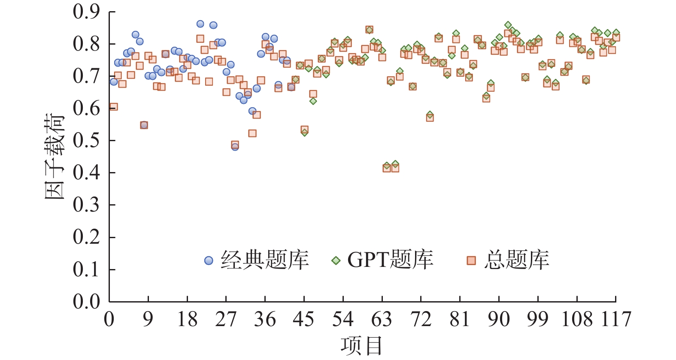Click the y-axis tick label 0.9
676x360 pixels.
point(86,12)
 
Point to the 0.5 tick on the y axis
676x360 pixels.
point(86,140)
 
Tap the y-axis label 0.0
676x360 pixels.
point(86,302)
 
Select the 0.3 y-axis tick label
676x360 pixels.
point(86,205)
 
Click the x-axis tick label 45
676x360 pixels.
point(304,319)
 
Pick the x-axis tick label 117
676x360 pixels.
point(615,319)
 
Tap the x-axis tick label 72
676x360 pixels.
point(421,319)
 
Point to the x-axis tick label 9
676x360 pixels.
point(148,319)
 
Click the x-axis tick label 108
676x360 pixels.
point(576,319)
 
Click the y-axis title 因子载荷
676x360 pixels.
point(55,157)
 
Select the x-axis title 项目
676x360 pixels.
point(361,346)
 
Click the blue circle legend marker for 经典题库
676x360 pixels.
point(209,260)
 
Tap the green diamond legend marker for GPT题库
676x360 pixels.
point(336,260)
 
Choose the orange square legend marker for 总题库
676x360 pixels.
point(471,260)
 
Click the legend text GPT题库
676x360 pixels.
point(390,260)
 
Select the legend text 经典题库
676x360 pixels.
point(264,260)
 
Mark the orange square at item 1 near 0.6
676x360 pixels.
point(113,106)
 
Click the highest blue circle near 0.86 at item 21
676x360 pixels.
point(200,24)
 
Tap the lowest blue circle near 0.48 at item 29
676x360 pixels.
point(235,147)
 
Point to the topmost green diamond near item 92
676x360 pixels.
point(508,25)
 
